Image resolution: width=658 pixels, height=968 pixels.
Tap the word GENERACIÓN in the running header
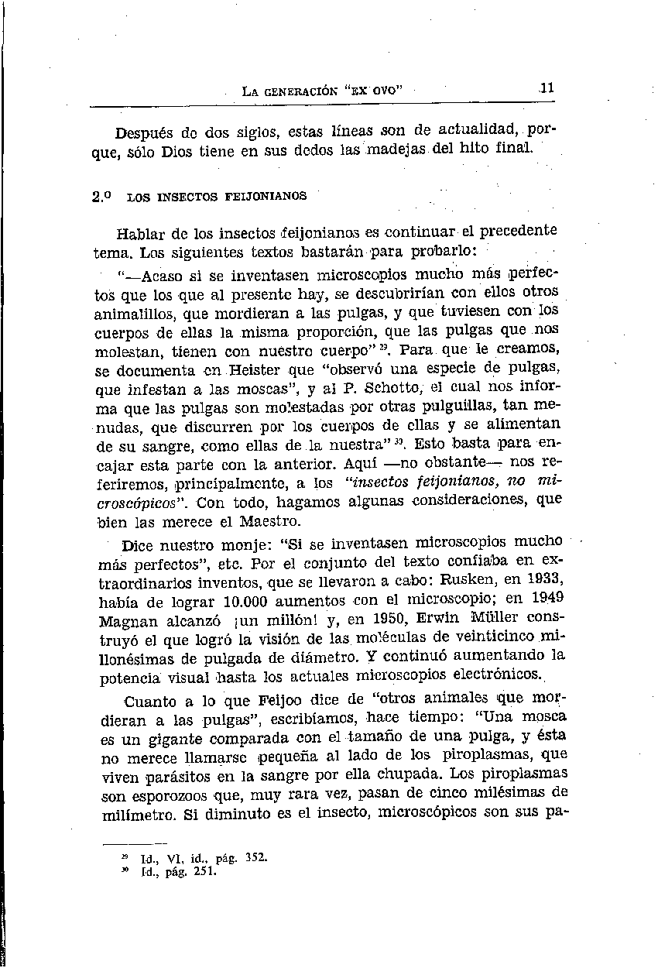pos(300,91)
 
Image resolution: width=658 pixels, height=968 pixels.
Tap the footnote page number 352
pos(255,857)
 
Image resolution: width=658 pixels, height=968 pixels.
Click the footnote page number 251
pos(205,871)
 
